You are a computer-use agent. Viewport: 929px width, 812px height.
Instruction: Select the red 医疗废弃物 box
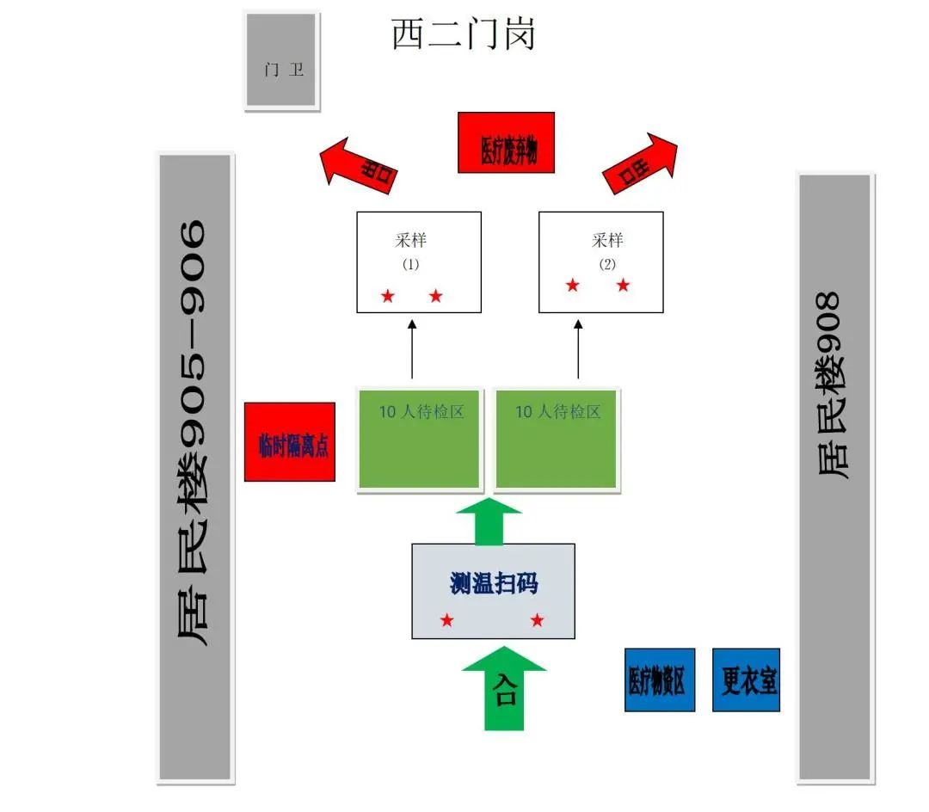(505, 142)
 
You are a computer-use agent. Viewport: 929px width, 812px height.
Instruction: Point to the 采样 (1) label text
(411, 241)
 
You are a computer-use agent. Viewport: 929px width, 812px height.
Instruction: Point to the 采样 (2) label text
(607, 241)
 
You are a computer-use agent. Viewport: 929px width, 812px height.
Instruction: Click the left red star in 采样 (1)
(387, 297)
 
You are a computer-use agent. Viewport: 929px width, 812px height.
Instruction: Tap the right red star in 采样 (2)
(623, 286)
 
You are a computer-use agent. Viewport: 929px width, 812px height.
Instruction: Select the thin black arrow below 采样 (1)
(412, 348)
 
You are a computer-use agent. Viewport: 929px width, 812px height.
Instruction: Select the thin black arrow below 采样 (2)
(578, 348)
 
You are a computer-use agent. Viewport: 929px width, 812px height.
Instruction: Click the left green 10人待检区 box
(419, 439)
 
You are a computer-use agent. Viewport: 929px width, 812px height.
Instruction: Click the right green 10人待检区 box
(557, 439)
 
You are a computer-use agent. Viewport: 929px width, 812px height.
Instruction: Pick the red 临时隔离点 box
(290, 442)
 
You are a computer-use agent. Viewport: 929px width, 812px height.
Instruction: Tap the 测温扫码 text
(494, 583)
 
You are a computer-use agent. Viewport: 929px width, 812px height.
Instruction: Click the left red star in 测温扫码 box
(446, 620)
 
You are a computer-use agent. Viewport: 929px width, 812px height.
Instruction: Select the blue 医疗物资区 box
(659, 680)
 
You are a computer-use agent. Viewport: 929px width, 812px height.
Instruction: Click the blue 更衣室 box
(746, 680)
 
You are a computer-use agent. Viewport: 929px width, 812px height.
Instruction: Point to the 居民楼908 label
(833, 387)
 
